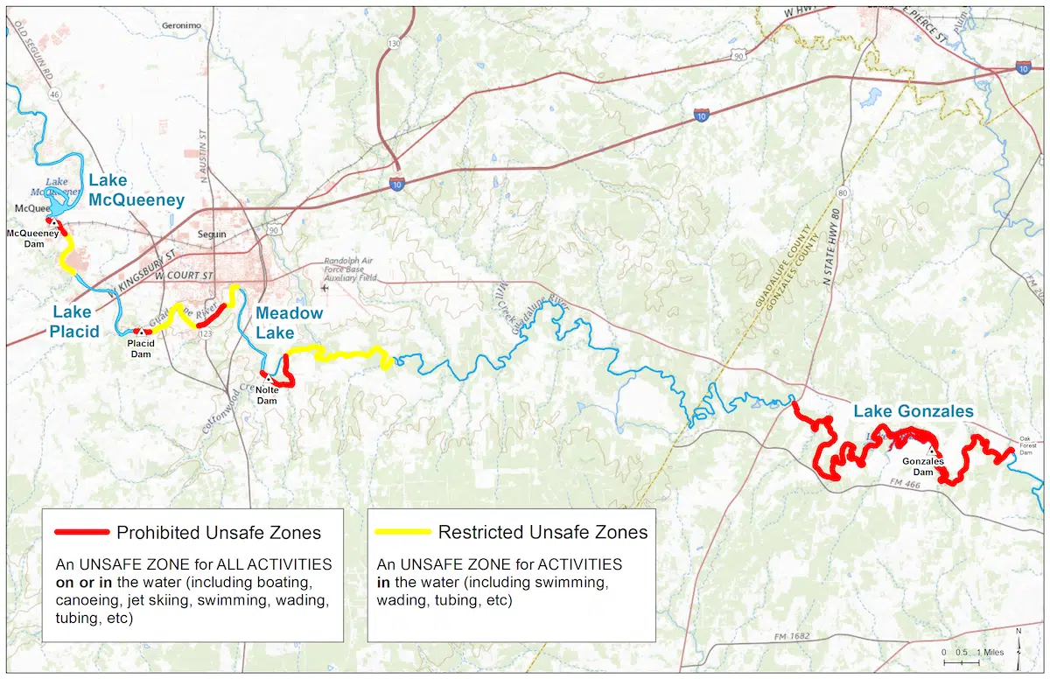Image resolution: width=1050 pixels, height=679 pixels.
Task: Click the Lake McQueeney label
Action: [136, 190]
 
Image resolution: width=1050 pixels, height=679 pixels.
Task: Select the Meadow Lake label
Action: [289, 321]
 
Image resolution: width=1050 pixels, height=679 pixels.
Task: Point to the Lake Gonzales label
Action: [913, 411]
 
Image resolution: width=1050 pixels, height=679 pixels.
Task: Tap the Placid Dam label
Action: [142, 347]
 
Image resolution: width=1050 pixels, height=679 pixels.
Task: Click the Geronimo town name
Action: [182, 25]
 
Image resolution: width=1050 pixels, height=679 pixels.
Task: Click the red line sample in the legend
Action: [81, 532]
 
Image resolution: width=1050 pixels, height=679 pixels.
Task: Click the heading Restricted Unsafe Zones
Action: [542, 532]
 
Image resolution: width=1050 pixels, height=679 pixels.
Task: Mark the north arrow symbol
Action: [1018, 637]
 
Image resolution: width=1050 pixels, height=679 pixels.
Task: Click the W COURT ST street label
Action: [185, 276]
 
